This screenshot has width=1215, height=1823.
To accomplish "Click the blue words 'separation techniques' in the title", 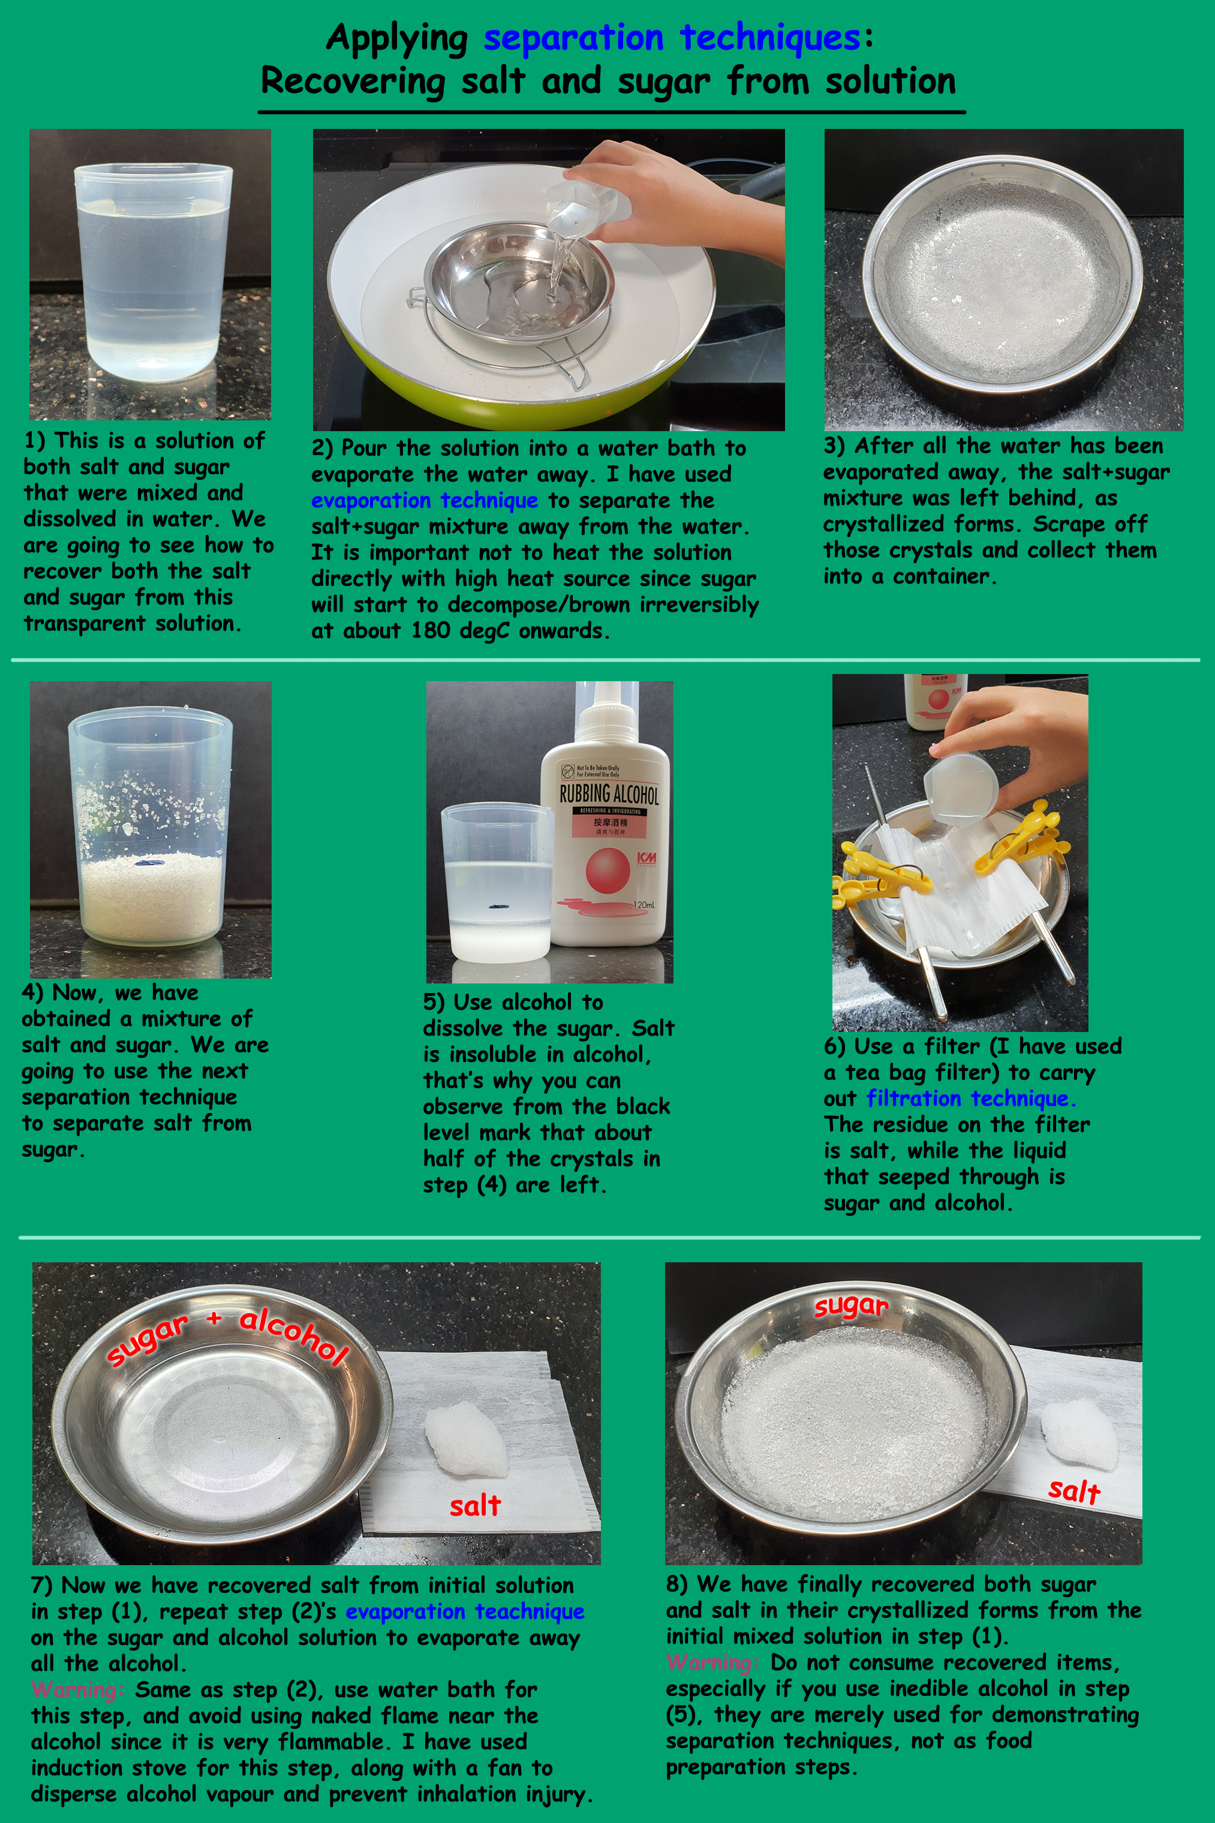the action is pos(672,37).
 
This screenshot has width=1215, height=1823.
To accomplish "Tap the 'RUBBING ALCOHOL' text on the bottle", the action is pos(609,794).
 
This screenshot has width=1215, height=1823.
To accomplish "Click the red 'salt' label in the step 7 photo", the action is pos(475,1505).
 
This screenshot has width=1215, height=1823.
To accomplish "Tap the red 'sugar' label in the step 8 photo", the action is pos(851,1306).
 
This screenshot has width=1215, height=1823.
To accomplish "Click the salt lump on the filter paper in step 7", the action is pos(467,1439).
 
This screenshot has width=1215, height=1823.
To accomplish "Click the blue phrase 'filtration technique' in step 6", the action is pos(970,1099).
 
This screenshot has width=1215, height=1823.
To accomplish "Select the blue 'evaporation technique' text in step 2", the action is pos(425,501).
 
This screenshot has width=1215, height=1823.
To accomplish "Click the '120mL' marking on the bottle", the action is pos(644,905).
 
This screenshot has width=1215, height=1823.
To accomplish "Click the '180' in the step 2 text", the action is pos(430,631).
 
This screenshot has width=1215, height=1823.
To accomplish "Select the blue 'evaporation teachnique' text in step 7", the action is pos(465,1611).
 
